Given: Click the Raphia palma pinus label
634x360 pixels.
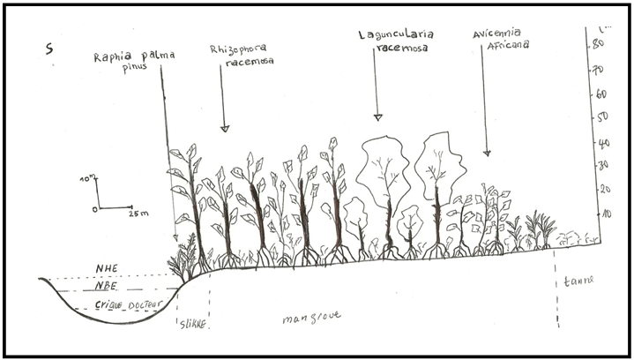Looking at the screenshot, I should click(x=134, y=61).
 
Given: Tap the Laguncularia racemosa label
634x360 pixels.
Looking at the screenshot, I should click(x=393, y=41).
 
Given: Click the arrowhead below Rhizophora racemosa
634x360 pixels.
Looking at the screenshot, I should click(x=224, y=128).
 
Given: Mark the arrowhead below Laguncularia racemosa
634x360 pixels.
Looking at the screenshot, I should click(x=377, y=116).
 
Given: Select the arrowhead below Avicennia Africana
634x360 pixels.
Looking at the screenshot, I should click(x=486, y=153).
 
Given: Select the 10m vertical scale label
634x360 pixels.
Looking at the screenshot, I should click(x=86, y=179).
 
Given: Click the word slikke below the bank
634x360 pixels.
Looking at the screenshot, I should click(x=191, y=325).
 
